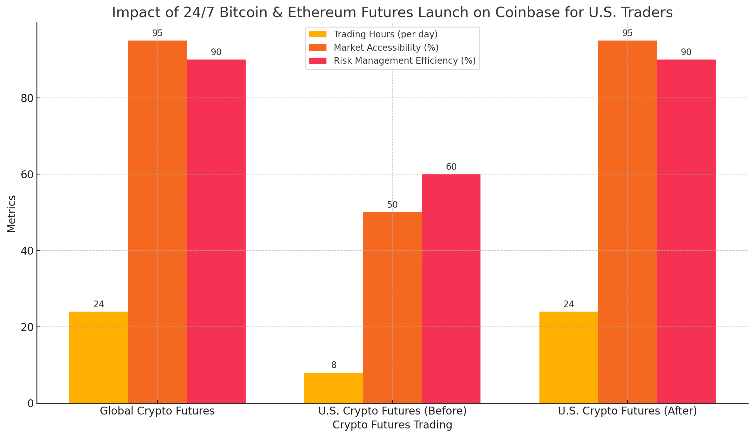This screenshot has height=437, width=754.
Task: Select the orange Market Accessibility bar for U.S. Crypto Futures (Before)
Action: coord(392,307)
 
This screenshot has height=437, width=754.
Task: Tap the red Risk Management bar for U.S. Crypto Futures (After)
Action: coord(686,231)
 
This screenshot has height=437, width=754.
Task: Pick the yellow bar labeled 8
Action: coord(333,388)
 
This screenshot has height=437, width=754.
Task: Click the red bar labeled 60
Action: coord(451,288)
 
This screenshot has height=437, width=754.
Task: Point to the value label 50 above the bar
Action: coord(392,205)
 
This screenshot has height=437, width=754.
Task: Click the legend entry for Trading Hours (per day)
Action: coord(385,34)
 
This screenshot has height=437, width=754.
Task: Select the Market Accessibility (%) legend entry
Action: coord(386,47)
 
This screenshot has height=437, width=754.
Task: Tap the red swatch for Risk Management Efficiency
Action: coord(318,61)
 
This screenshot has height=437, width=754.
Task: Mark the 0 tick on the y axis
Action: coord(31,403)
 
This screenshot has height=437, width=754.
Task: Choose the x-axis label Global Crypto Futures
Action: coord(157,411)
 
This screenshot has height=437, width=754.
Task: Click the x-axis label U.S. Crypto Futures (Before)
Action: coord(392,411)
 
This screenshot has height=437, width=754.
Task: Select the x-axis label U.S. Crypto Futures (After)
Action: coord(627,411)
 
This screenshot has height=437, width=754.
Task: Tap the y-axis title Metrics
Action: coord(11,214)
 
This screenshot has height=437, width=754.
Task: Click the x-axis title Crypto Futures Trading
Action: coord(392,425)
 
